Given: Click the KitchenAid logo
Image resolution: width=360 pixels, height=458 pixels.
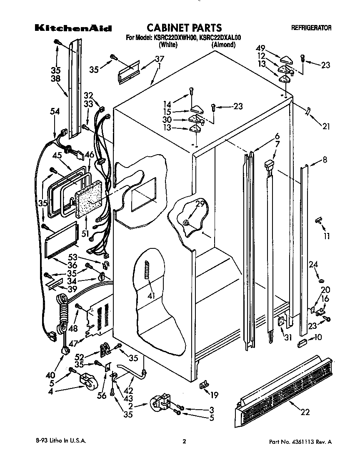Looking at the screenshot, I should pos(72,29).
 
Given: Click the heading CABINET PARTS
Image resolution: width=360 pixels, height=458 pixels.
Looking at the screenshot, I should pos(183,28).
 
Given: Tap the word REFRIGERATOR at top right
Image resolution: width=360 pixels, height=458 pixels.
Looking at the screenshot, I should pos(311,28).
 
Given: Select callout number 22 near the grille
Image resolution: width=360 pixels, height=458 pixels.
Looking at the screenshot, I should pos(305,412).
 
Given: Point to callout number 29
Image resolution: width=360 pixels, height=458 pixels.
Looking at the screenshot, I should pos(201,204).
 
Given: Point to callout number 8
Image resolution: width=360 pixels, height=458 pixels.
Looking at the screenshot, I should pos(325,159).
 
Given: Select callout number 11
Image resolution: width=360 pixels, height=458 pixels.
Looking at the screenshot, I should pos(327,236).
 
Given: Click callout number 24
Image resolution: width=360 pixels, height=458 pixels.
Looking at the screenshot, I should pos(313,264).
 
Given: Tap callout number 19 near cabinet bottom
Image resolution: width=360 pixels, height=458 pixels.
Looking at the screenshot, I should pos(214,395).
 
